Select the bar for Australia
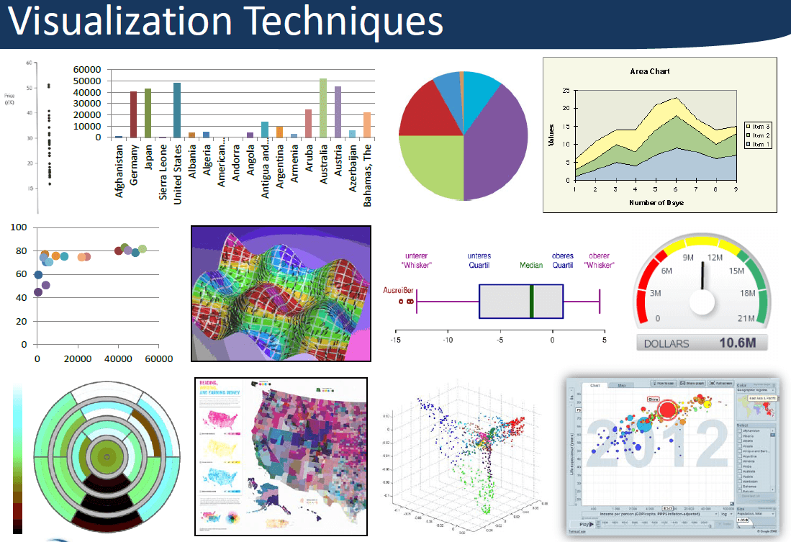pyautogui.click(x=323, y=108)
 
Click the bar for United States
pyautogui.click(x=177, y=110)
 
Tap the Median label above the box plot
pyautogui.click(x=532, y=265)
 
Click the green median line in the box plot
pyautogui.click(x=532, y=301)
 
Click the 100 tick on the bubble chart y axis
pyautogui.click(x=19, y=227)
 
